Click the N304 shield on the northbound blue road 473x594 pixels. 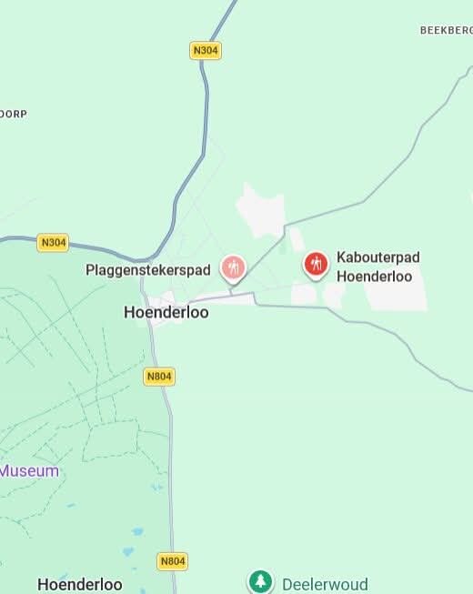(206, 50)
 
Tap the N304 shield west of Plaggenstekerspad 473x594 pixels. (54, 242)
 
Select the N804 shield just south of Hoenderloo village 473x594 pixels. (158, 376)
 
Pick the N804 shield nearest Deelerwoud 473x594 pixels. (172, 561)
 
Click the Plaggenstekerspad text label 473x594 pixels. (148, 270)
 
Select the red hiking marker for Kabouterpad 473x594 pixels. (316, 265)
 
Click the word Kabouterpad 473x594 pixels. (378, 257)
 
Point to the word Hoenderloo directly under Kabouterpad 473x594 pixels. (374, 277)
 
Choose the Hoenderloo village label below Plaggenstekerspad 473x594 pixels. (166, 312)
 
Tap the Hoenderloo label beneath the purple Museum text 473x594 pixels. (79, 584)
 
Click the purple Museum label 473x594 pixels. (29, 471)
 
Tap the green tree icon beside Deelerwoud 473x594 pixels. (261, 581)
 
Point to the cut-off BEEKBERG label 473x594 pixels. (446, 30)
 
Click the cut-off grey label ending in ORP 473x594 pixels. (14, 114)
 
